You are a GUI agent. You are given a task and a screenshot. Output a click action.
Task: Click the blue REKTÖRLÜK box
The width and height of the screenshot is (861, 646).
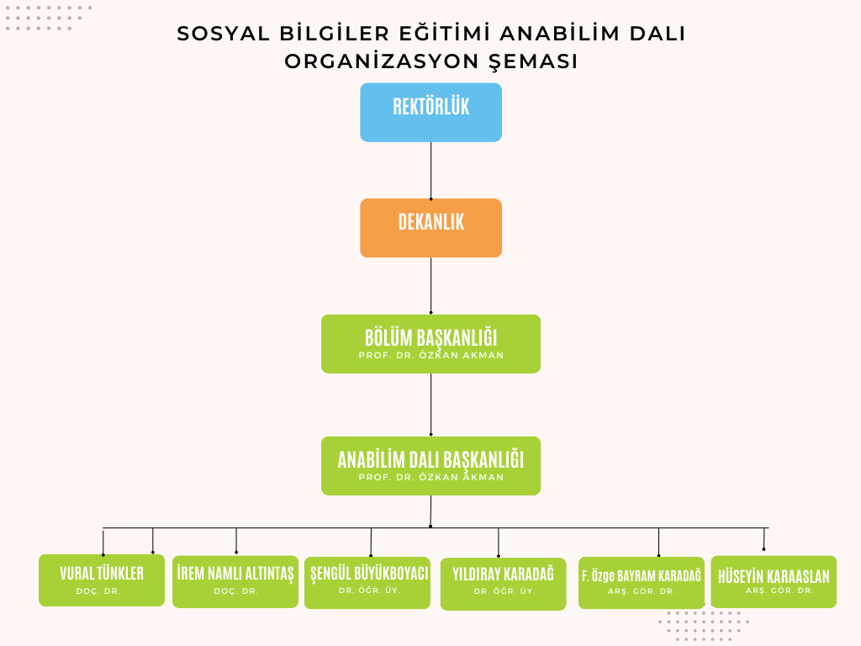[430, 112]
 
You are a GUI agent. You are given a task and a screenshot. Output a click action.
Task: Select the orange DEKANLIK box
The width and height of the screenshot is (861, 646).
[430, 228]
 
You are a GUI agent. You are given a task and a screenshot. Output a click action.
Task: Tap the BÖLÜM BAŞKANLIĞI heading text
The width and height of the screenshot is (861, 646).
[430, 337]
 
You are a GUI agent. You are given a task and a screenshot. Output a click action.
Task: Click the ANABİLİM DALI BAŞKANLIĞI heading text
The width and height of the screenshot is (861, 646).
[430, 459]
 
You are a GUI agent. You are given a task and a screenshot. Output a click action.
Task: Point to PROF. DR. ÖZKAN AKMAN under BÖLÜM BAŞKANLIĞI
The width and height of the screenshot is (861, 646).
[430, 356]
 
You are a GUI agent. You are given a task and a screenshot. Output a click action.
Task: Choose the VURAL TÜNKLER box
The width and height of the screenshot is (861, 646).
[102, 580]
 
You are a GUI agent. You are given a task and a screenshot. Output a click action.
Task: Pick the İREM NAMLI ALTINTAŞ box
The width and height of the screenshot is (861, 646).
[235, 581]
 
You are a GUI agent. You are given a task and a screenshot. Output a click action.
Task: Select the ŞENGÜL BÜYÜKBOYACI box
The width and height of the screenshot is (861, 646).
[367, 582]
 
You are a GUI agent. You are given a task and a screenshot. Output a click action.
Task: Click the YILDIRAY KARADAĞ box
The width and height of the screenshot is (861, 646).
[503, 584]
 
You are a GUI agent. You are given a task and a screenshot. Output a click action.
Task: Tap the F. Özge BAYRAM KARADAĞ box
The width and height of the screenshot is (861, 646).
[641, 582]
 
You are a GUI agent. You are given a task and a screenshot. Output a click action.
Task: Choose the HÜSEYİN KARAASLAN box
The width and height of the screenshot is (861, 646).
[774, 581]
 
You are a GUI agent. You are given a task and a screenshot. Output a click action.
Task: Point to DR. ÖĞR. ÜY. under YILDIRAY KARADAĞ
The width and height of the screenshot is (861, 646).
[504, 592]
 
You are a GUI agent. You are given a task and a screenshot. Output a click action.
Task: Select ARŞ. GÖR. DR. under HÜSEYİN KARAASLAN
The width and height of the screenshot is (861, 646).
[779, 591]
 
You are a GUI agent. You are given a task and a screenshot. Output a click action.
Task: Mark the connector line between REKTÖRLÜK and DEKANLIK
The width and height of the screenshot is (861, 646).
[431, 170]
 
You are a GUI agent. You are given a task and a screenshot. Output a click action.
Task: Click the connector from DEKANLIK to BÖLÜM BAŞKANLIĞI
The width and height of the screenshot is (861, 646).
[431, 286]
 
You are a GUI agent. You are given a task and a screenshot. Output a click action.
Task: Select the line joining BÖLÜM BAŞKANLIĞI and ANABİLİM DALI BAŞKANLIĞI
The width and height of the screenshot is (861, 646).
[431, 405]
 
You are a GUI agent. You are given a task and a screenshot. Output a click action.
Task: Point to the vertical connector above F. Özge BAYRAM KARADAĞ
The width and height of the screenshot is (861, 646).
[658, 542]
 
